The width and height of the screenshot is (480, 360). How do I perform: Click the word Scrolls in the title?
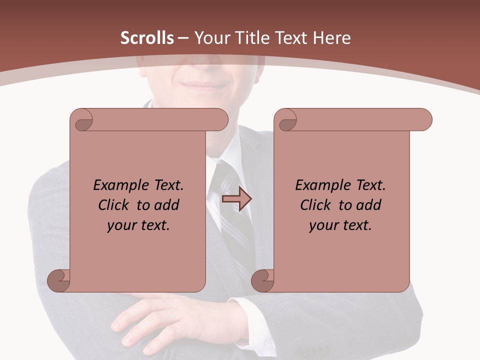click(147, 38)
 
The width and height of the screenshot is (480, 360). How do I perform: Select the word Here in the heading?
click(332, 38)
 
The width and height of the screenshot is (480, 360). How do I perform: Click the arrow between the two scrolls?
click(236, 199)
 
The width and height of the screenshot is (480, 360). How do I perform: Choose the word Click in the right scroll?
click(315, 205)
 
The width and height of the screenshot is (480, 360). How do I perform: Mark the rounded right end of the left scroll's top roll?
click(220, 119)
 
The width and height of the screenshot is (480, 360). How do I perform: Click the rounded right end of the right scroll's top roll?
click(424, 119)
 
